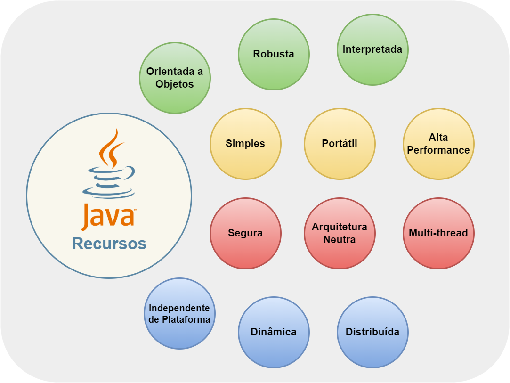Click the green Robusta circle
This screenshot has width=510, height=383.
pos(274,54)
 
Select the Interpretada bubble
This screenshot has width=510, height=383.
pos(372,49)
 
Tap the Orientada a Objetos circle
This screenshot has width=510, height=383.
pos(175,78)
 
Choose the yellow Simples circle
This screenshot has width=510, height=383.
pos(245,144)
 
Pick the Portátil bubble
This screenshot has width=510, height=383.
pos(340,144)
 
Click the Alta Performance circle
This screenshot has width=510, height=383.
pos(438,144)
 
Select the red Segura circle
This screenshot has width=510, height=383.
pos(245,233)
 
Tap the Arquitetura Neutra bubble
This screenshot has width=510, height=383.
pos(340,233)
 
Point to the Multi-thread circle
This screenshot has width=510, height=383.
pos(438,233)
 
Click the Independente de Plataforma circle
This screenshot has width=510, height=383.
pos(179,313)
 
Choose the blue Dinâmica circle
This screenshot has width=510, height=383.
pos(274,332)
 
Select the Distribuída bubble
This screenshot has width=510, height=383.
pos(372,332)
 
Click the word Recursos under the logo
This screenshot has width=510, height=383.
pos(109,244)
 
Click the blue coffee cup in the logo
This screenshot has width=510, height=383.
pos(108,181)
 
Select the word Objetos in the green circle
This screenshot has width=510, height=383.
pos(175,84)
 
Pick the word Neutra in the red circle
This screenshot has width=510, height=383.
pos(340,240)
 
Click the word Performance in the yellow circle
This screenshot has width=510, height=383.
pos(438,150)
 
